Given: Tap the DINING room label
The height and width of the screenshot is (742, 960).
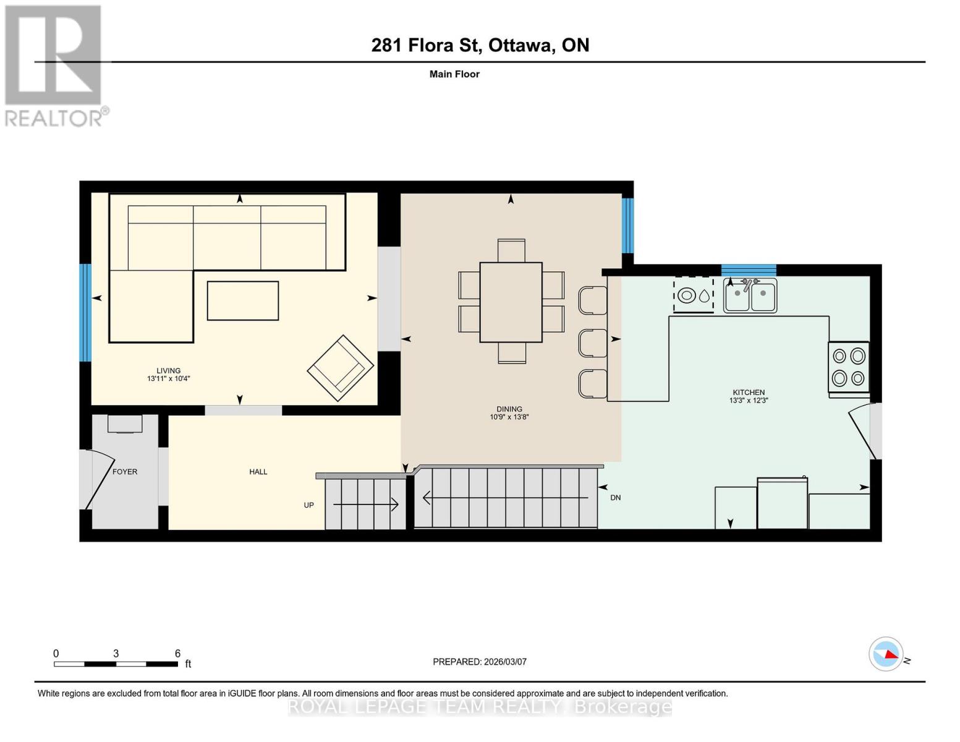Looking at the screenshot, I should [x=509, y=409].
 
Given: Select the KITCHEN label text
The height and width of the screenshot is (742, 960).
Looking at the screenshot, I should [x=748, y=393].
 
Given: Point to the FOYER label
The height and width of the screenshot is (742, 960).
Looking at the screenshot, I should [x=125, y=472].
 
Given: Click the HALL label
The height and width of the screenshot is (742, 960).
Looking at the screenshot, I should [x=258, y=472].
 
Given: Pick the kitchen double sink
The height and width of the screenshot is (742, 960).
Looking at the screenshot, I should [x=750, y=296].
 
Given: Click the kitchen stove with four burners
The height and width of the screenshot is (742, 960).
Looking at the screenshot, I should [x=848, y=367].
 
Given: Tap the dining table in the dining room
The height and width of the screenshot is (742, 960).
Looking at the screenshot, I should [x=511, y=302].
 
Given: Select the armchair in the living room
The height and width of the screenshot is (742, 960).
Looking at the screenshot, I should [x=340, y=367].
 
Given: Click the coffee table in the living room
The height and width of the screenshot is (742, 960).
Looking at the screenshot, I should [x=242, y=301].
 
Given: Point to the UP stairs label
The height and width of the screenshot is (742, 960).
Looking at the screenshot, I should [x=308, y=505].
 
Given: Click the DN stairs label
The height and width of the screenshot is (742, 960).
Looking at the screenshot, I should [x=615, y=498].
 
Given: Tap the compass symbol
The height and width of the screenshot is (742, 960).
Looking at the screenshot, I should [x=886, y=654].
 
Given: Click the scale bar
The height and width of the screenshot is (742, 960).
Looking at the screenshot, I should [x=116, y=664].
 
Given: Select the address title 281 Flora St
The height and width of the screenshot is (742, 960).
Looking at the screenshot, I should [x=480, y=45].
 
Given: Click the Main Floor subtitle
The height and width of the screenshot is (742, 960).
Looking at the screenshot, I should [x=454, y=74].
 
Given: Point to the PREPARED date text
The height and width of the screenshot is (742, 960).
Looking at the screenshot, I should [x=479, y=662].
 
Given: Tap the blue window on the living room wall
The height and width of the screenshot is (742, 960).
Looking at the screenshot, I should [x=85, y=312].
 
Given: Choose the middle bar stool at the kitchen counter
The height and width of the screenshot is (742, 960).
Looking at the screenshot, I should [x=592, y=343].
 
